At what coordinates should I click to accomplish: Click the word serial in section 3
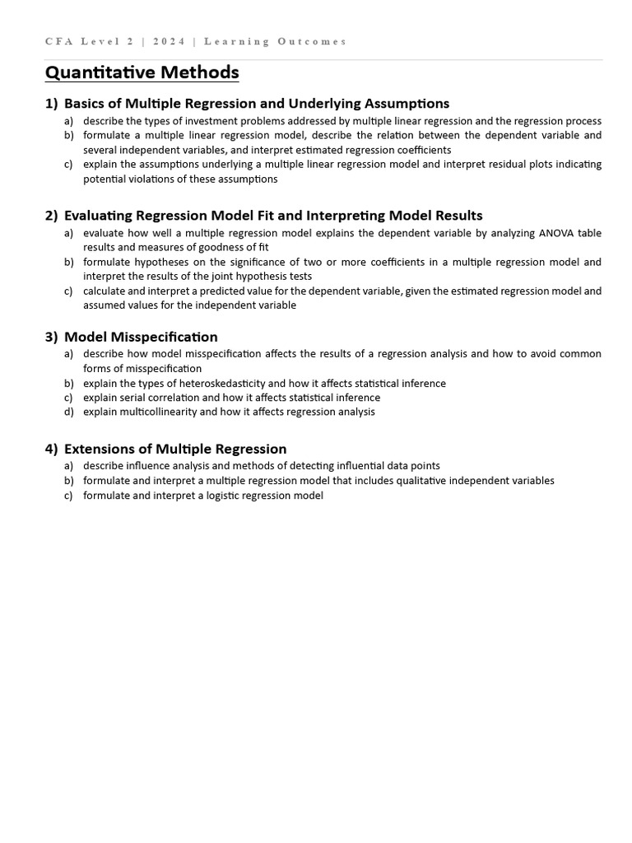tap(133, 398)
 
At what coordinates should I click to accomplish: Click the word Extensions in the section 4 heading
tap(98, 449)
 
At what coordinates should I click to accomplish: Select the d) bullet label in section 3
tap(68, 412)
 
